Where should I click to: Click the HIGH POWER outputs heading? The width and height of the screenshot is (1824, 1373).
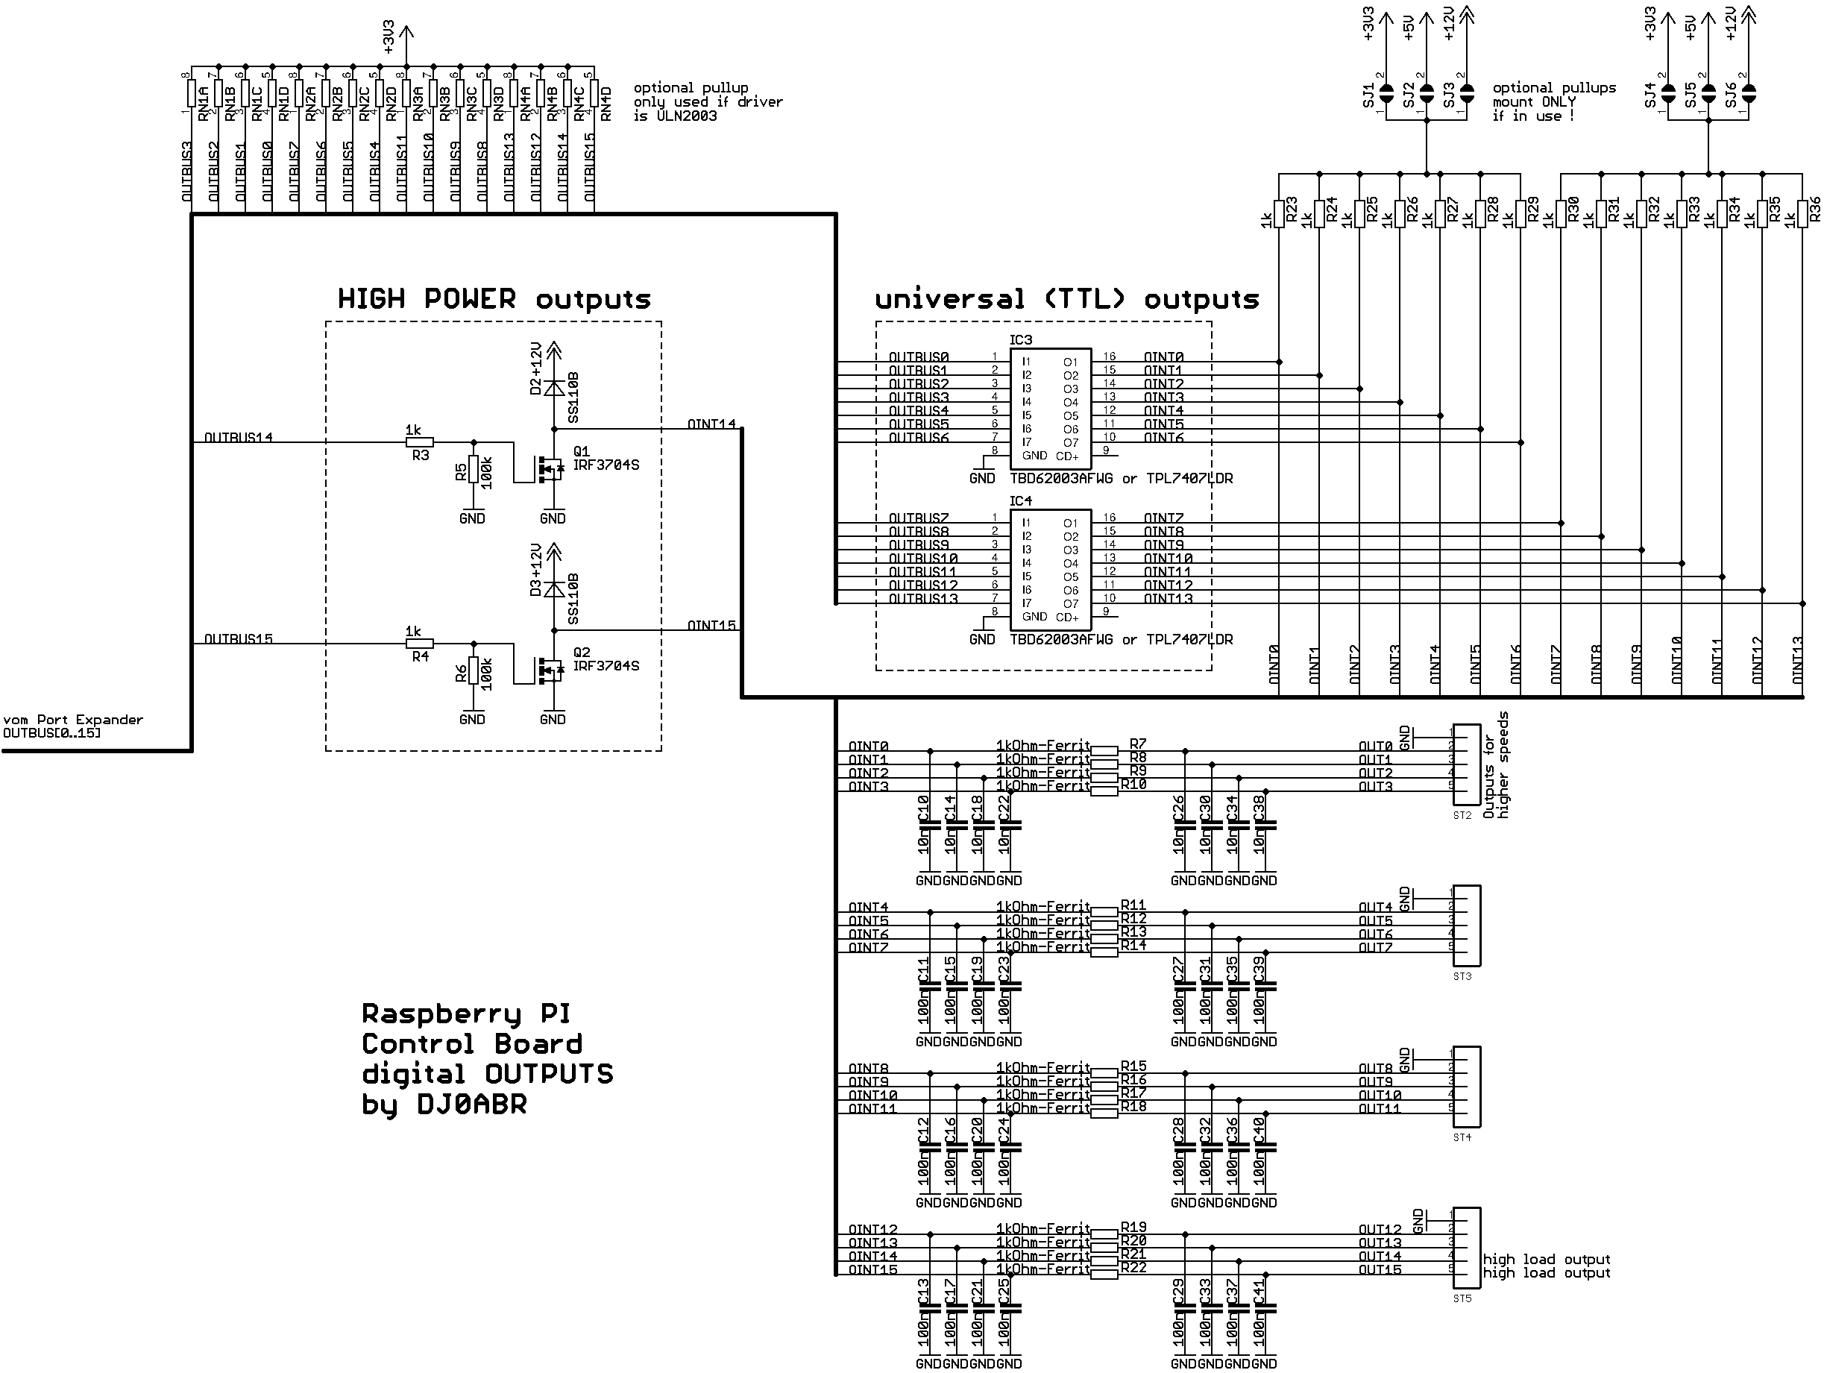tap(494, 298)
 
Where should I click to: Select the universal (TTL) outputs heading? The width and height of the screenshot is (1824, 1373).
tap(1067, 298)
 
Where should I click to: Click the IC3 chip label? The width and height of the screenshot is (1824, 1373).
tap(1020, 340)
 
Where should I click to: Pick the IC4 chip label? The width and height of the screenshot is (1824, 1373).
tap(1020, 500)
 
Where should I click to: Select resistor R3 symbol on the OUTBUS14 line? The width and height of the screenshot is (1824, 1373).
tap(420, 442)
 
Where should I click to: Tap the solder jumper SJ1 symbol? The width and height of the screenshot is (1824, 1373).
tap(1387, 93)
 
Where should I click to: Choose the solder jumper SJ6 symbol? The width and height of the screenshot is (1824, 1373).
tap(1748, 93)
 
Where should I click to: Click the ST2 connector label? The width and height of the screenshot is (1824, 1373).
tap(1462, 816)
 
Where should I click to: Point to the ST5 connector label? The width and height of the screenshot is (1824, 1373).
tap(1462, 1298)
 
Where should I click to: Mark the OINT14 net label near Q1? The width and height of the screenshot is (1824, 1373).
tap(711, 424)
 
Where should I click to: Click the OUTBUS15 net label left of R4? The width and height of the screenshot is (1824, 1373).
tap(239, 638)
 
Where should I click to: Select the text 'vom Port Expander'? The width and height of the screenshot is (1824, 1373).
tap(73, 719)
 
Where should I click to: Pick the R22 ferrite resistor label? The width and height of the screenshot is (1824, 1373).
tap(1133, 1267)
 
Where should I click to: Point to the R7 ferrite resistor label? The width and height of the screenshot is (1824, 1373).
tap(1138, 744)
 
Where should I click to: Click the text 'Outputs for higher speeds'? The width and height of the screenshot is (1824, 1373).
tap(1496, 775)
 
